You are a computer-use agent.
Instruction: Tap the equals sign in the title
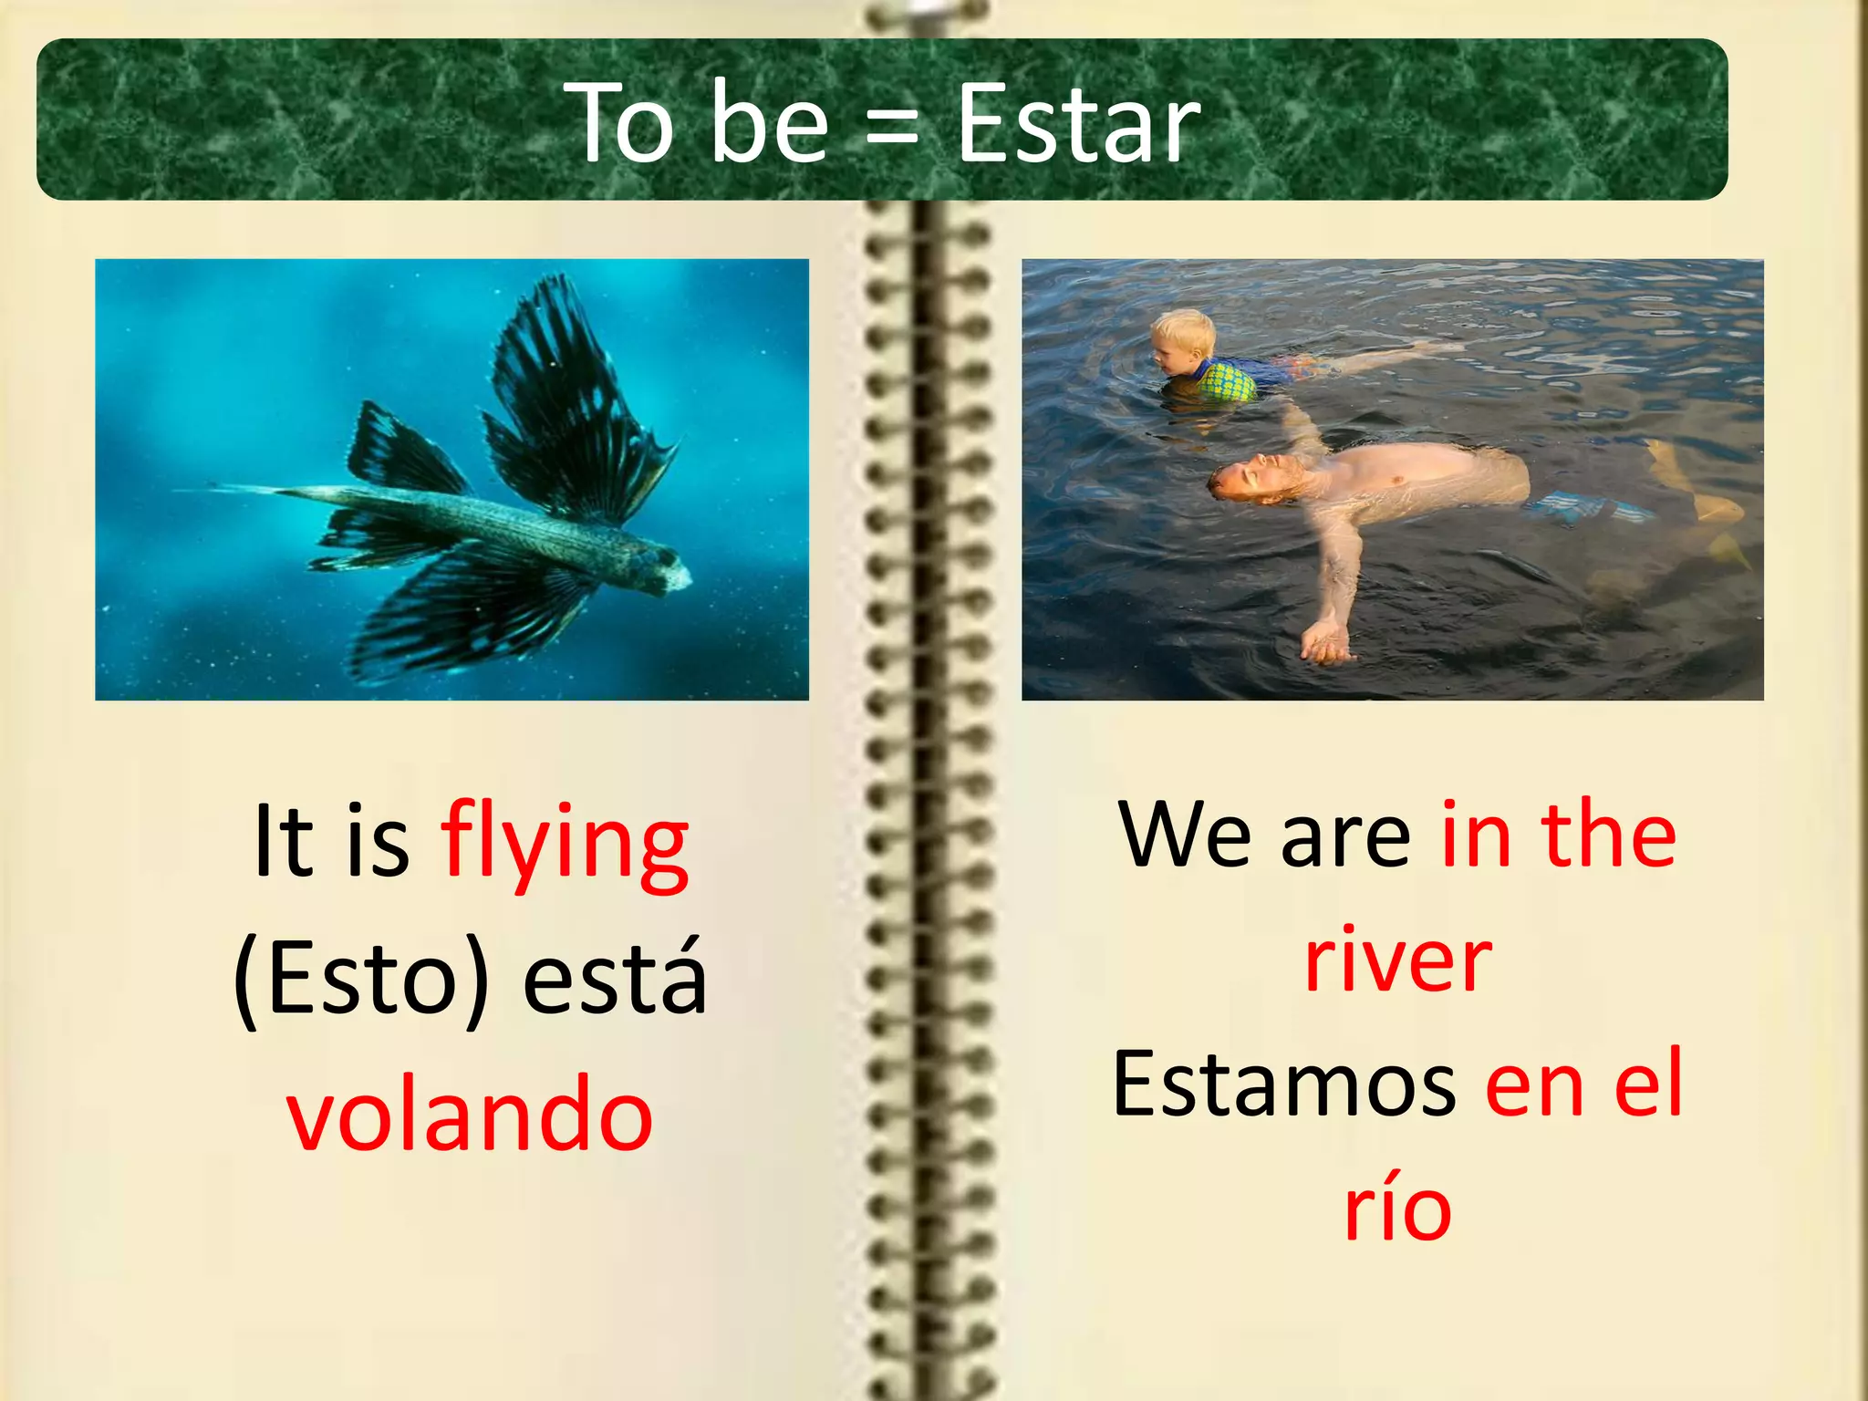click(x=891, y=128)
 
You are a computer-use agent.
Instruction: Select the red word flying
click(x=565, y=844)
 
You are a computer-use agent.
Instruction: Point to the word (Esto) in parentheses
click(x=361, y=980)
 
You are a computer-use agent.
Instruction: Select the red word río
click(x=1397, y=1209)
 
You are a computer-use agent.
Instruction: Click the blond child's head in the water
click(x=1182, y=341)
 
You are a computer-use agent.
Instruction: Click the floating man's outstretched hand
click(x=1323, y=642)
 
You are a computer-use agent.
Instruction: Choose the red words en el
click(x=1583, y=1085)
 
